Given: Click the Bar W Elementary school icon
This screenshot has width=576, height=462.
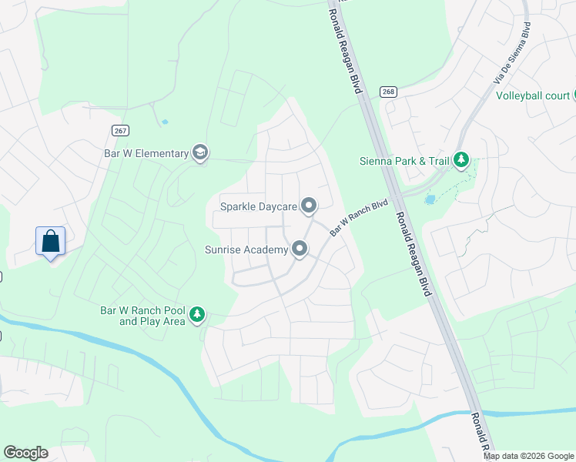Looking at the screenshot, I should click(200, 152).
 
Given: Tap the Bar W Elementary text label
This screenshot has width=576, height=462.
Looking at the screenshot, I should click(146, 153).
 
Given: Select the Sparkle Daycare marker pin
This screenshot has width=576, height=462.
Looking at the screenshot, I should click(309, 206).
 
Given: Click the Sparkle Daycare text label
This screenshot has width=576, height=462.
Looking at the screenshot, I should click(258, 206).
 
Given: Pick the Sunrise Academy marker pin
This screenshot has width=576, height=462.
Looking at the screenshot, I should click(299, 249).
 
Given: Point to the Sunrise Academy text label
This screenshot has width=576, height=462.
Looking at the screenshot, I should click(246, 249).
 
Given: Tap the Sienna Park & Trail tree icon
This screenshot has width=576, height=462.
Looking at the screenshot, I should click(461, 160).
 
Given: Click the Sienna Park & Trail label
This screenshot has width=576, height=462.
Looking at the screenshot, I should click(404, 161).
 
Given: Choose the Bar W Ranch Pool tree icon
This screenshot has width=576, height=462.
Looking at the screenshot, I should click(198, 314).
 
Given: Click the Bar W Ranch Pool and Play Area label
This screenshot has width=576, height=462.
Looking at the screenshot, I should click(143, 316).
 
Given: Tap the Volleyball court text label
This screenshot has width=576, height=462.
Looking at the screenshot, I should click(532, 96).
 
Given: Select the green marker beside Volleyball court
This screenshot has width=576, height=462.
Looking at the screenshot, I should click(574, 95).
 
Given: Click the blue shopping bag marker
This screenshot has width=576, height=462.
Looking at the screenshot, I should click(51, 241).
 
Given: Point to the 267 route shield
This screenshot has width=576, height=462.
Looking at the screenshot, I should click(119, 131).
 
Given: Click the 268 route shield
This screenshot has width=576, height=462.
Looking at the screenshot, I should click(387, 92).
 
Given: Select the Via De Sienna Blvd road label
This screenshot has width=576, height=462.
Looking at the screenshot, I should click(513, 53).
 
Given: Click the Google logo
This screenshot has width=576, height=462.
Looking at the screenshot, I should click(25, 453).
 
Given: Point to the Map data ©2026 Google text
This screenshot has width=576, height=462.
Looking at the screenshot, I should click(529, 456).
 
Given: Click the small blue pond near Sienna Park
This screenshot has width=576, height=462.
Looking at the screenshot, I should click(430, 199).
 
